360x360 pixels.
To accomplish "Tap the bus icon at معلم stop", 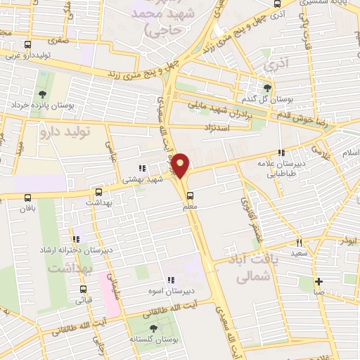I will (x=190, y=196).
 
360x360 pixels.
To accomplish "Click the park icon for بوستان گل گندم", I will (x=266, y=87).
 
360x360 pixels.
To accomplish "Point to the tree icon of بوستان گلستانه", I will (x=153, y=328).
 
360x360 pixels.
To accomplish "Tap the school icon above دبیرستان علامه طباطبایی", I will (x=281, y=153).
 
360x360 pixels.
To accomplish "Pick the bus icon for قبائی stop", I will (x=84, y=288).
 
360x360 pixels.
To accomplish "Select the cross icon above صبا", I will (x=318, y=281).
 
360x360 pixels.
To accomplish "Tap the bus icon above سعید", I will (x=301, y=241).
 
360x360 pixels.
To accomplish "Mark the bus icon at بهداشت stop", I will (x=98, y=191).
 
